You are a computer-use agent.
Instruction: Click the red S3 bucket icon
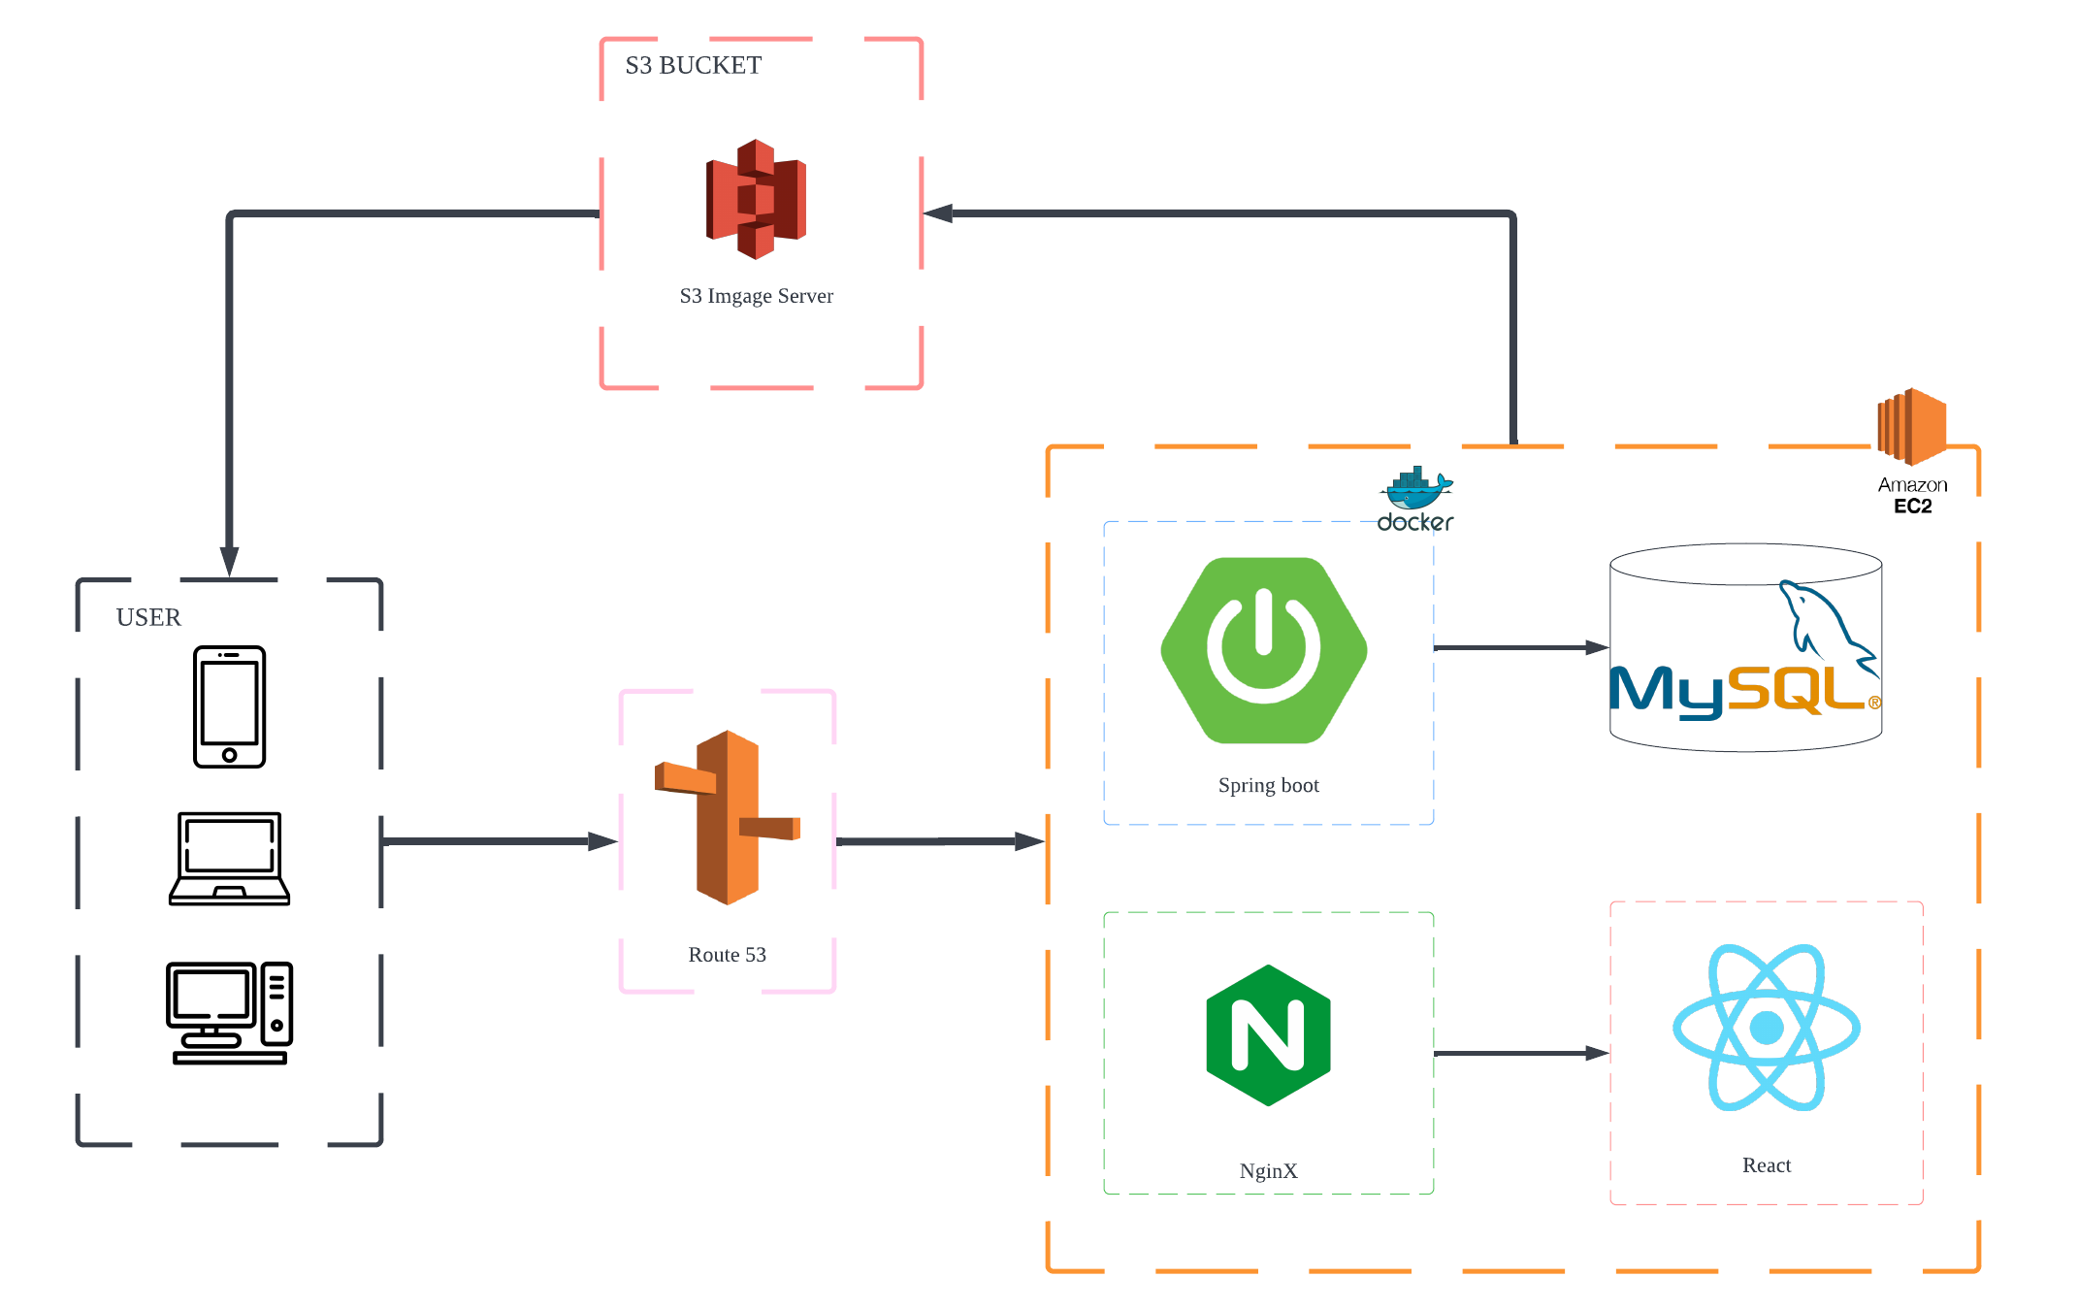(x=756, y=199)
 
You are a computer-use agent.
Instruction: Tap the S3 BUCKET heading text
(x=693, y=65)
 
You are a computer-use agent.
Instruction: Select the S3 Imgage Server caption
(x=756, y=296)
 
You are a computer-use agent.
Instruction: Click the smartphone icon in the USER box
(x=229, y=706)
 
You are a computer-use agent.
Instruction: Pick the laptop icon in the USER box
(x=229, y=859)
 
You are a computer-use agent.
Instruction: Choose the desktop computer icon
(x=229, y=1013)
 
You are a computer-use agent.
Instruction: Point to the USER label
(x=148, y=617)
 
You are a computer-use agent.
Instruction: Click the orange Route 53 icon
(x=728, y=817)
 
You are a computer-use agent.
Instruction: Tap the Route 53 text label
(x=727, y=955)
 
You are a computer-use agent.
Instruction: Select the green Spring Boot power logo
(x=1263, y=650)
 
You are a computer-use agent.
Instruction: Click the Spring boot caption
(x=1268, y=785)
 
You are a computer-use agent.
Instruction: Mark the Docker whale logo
(x=1415, y=489)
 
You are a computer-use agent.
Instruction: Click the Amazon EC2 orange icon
(x=1911, y=426)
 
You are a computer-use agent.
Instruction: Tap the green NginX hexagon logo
(x=1268, y=1034)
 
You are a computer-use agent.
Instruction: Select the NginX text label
(x=1268, y=1171)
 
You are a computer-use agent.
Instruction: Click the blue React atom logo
(x=1766, y=1028)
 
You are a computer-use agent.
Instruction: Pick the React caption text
(x=1766, y=1165)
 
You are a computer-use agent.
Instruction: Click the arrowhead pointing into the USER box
(x=229, y=561)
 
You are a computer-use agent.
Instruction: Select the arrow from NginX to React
(x=1520, y=1053)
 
